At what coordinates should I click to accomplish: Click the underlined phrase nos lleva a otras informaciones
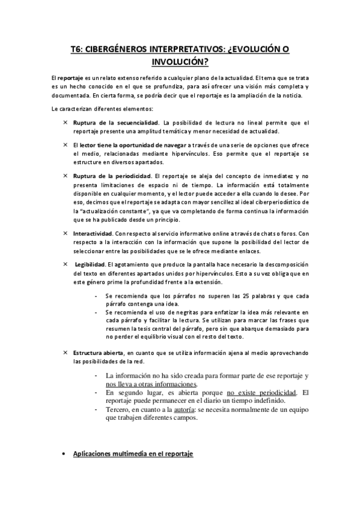(151, 384)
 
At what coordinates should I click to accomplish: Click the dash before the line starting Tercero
(97, 409)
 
